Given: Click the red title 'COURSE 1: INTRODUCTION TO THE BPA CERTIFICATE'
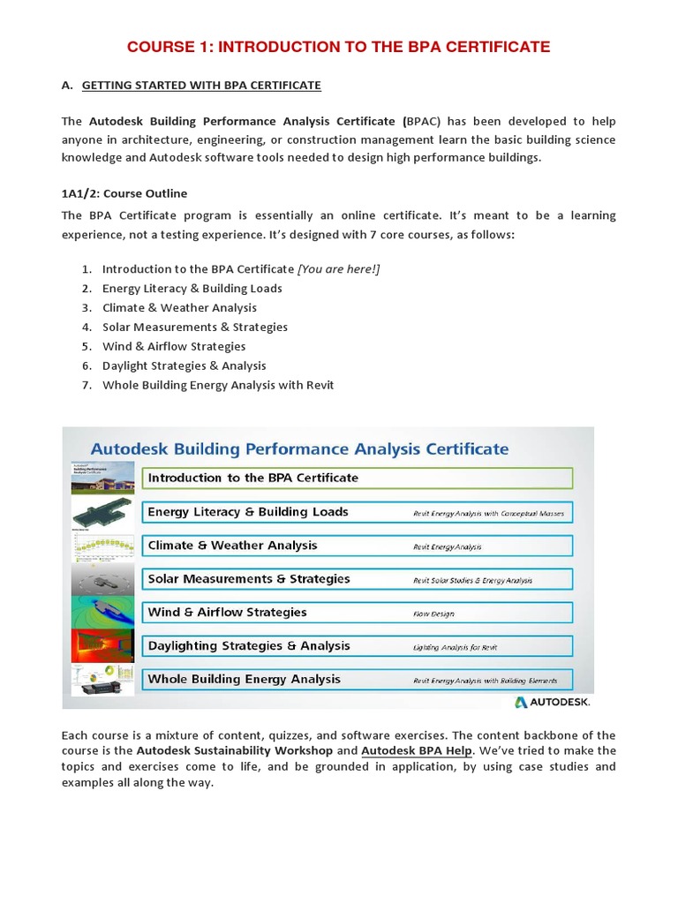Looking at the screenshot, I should (338, 47).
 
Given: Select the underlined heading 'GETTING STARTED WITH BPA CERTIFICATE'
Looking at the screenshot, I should (201, 86).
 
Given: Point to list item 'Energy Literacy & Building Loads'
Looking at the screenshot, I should (192, 289).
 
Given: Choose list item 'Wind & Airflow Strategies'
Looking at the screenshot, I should (174, 347).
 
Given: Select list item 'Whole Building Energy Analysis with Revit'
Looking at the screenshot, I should (218, 385).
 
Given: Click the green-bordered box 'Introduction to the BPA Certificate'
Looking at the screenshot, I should (357, 478).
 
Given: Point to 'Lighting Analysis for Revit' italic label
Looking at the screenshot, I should (456, 647).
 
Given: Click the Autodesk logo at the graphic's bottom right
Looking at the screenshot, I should (552, 702).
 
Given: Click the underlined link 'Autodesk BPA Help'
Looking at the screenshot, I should (418, 751).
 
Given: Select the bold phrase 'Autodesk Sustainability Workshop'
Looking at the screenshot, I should (235, 751).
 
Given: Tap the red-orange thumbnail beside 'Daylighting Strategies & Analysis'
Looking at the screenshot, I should (102, 646).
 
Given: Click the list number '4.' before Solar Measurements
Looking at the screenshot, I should (87, 328).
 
